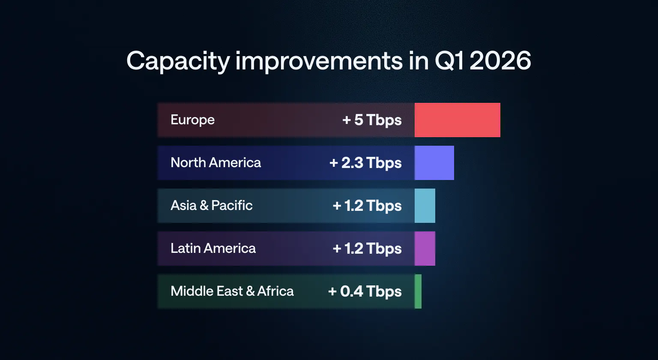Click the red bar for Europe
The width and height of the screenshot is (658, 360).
pos(457,120)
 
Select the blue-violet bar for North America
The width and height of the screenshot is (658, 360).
pos(434,163)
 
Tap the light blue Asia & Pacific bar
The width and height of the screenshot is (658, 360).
pos(425,206)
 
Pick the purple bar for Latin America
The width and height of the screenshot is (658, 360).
pos(425,249)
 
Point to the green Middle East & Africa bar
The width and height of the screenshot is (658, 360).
pos(418,291)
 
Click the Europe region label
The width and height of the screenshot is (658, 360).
pos(192,120)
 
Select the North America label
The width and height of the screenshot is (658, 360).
pos(215,163)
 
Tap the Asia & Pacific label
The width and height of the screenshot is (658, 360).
pos(212,206)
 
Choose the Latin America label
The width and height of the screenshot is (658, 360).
pos(213,249)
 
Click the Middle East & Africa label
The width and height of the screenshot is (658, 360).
pos(232,291)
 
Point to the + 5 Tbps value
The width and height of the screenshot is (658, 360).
pos(372,120)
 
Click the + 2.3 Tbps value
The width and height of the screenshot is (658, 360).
pos(365,163)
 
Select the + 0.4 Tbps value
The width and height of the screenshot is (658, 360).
pos(365,292)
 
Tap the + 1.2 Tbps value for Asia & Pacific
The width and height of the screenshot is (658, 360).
pos(367,206)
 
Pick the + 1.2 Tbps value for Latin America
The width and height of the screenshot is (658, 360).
pos(367,249)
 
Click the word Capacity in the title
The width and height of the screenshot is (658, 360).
pos(178,62)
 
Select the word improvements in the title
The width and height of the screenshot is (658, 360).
pos(319,61)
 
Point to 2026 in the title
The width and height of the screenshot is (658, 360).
pos(500,61)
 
